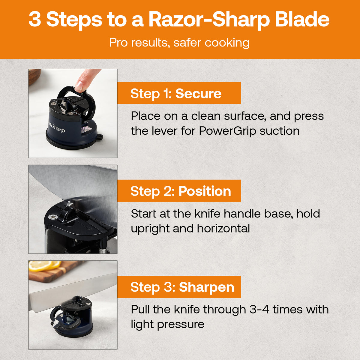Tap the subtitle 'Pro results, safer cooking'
click(x=179, y=43)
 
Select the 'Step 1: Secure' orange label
click(x=179, y=94)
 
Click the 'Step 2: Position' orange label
click(x=179, y=191)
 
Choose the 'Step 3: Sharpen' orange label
click(x=179, y=287)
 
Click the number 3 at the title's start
click(x=35, y=19)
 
